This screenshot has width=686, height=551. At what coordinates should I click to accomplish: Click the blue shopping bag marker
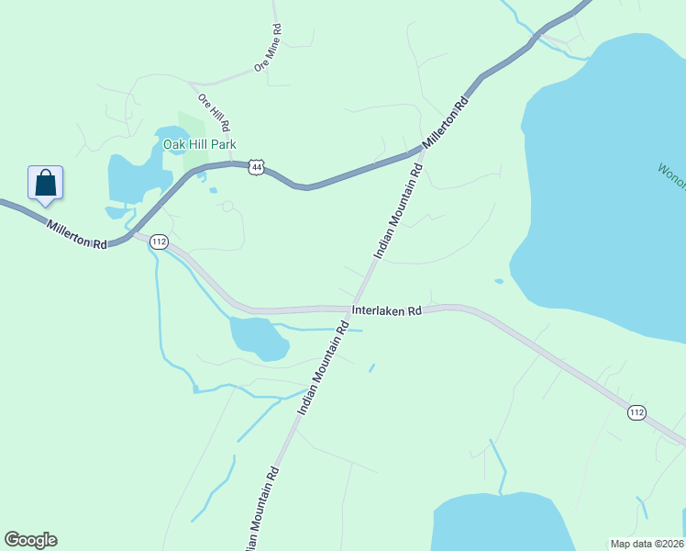pos(45,184)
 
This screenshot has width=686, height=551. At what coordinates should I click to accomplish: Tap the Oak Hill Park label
pos(200,144)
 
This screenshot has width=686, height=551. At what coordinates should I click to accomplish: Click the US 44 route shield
pos(257,167)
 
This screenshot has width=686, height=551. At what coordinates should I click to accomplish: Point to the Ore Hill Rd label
pos(214,110)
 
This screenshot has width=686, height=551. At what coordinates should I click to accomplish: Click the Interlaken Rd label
pos(387,310)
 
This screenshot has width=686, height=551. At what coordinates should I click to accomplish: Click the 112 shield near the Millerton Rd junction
pos(159,242)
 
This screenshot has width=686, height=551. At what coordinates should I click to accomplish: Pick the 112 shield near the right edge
pos(637,412)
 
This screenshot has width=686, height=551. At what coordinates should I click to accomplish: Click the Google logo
pos(30,540)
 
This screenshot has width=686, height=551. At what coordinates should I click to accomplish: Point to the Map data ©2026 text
pos(647,544)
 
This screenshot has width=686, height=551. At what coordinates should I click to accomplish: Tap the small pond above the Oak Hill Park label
pos(167,134)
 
